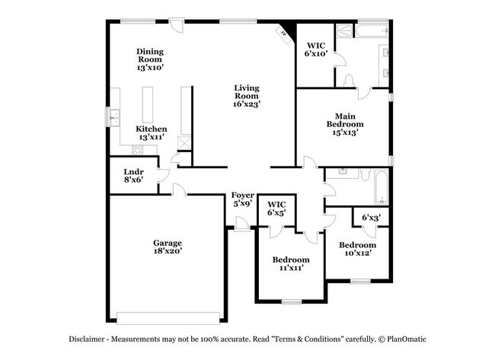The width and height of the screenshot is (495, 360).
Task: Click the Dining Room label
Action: pos(150,59)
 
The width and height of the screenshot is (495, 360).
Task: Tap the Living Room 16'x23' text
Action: pos(246,96)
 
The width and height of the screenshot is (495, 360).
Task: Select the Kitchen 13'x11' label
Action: pos(151,133)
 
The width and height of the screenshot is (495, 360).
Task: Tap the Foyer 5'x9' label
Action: pos(242,200)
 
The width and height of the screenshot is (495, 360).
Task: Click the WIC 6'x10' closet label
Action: pos(315,49)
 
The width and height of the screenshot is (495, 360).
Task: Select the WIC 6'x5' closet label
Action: pos(276,209)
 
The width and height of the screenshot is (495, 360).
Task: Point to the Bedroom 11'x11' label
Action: pos(291,263)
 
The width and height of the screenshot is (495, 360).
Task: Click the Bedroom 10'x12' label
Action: pos(357,249)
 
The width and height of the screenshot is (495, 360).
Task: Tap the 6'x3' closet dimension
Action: pos(371,218)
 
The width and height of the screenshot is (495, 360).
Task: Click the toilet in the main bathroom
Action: pos(350,80)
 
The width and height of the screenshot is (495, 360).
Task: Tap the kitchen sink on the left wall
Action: pos(115,118)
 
